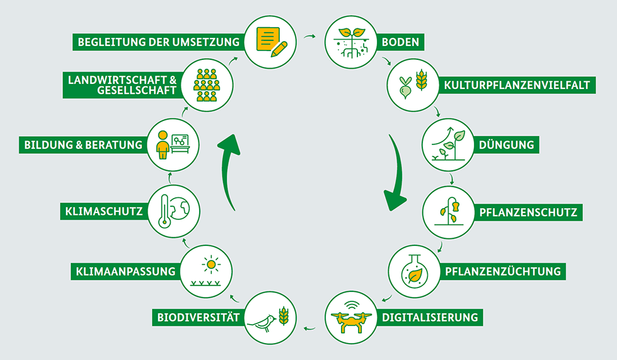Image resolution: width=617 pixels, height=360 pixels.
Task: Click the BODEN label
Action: (x=400, y=43)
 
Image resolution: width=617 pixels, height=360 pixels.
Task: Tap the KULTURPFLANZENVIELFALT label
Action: (x=517, y=84)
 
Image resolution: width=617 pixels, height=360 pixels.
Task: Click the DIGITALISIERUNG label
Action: (x=430, y=316)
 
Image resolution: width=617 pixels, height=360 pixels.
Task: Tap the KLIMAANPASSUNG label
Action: (x=123, y=272)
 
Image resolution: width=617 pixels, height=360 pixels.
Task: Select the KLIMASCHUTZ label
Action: (x=104, y=212)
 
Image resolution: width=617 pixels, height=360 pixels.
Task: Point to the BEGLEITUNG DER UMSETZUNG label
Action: (x=158, y=43)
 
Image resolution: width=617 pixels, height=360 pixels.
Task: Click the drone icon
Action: (x=352, y=317)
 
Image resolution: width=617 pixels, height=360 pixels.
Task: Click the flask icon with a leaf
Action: (x=413, y=272)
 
